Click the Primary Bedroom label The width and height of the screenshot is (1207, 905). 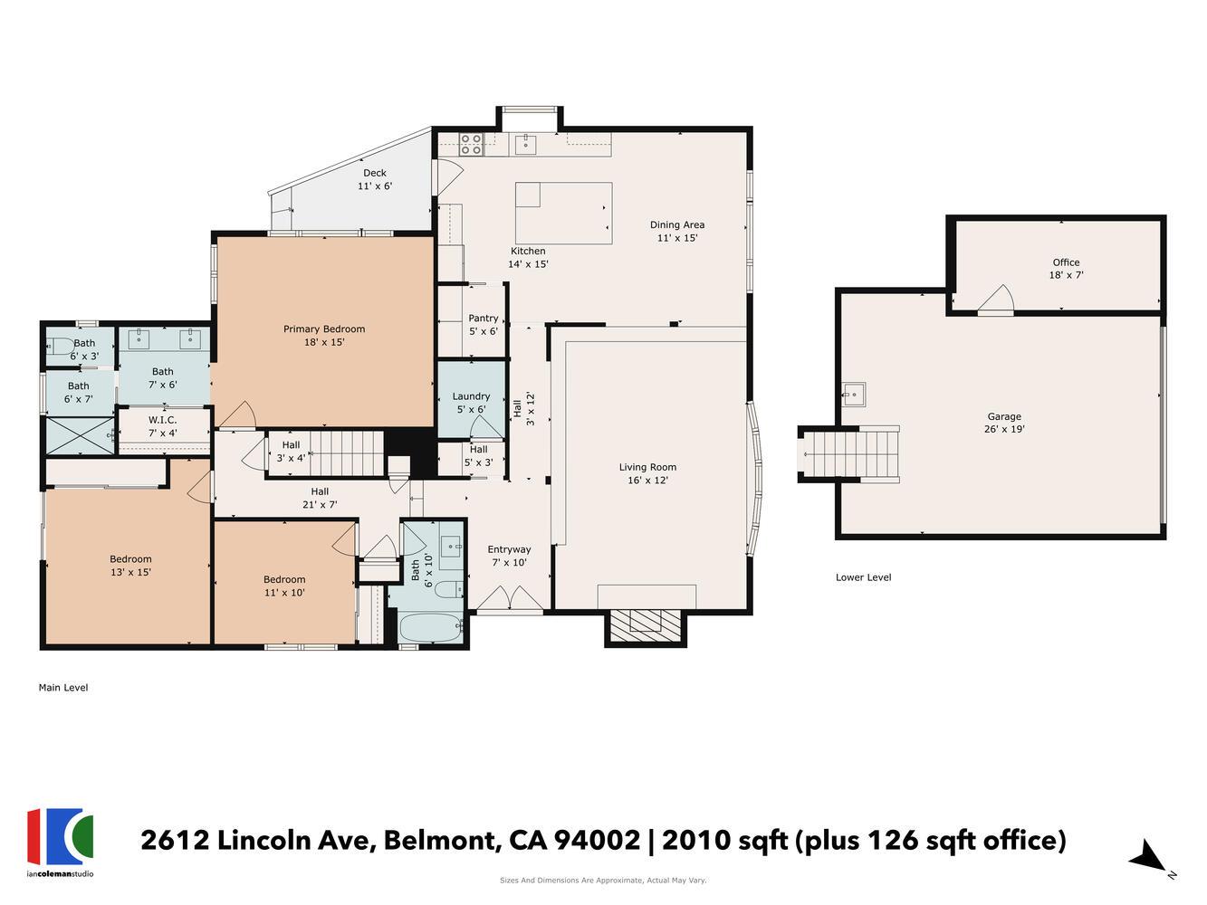pos(323,336)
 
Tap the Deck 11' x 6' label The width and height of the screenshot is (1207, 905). pos(375,179)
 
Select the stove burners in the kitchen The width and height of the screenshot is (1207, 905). pos(471,143)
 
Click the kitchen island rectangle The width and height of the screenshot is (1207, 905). pos(563,213)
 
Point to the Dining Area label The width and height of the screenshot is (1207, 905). pos(676,232)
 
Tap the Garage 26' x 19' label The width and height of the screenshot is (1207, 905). pos(1004,423)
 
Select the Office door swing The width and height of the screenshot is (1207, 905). pos(996,300)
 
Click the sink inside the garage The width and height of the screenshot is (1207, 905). pos(852,394)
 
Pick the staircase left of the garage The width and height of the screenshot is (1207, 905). pos(850,452)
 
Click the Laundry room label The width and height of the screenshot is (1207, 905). pos(471,402)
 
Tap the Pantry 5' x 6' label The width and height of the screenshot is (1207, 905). pos(483,324)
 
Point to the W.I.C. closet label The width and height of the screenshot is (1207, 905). pos(163,426)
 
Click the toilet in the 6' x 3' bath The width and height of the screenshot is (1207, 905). pos(61,346)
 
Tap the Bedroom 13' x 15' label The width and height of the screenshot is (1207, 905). pos(130,565)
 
